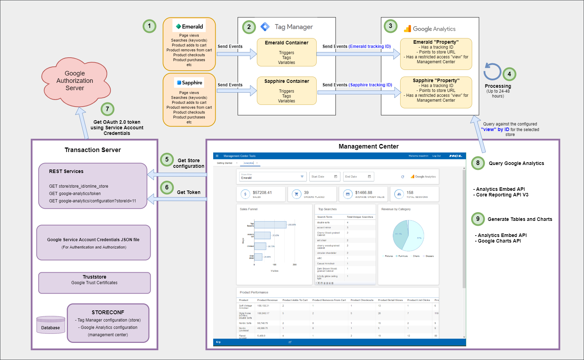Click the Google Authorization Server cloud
point(75,81)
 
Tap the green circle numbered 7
point(107,109)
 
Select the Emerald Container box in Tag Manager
point(287,52)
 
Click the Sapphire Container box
point(287,91)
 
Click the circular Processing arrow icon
point(492,72)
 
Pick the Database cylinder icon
point(51,325)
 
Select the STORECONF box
point(108,323)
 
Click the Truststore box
point(94,283)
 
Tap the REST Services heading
point(66,171)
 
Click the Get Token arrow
point(176,199)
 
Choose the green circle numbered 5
point(167,159)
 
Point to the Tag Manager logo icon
point(265,27)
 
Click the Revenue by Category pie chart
point(408,236)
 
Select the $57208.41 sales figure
point(262,193)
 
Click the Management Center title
point(368,146)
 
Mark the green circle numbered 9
point(478,219)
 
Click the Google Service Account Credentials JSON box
point(93,243)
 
